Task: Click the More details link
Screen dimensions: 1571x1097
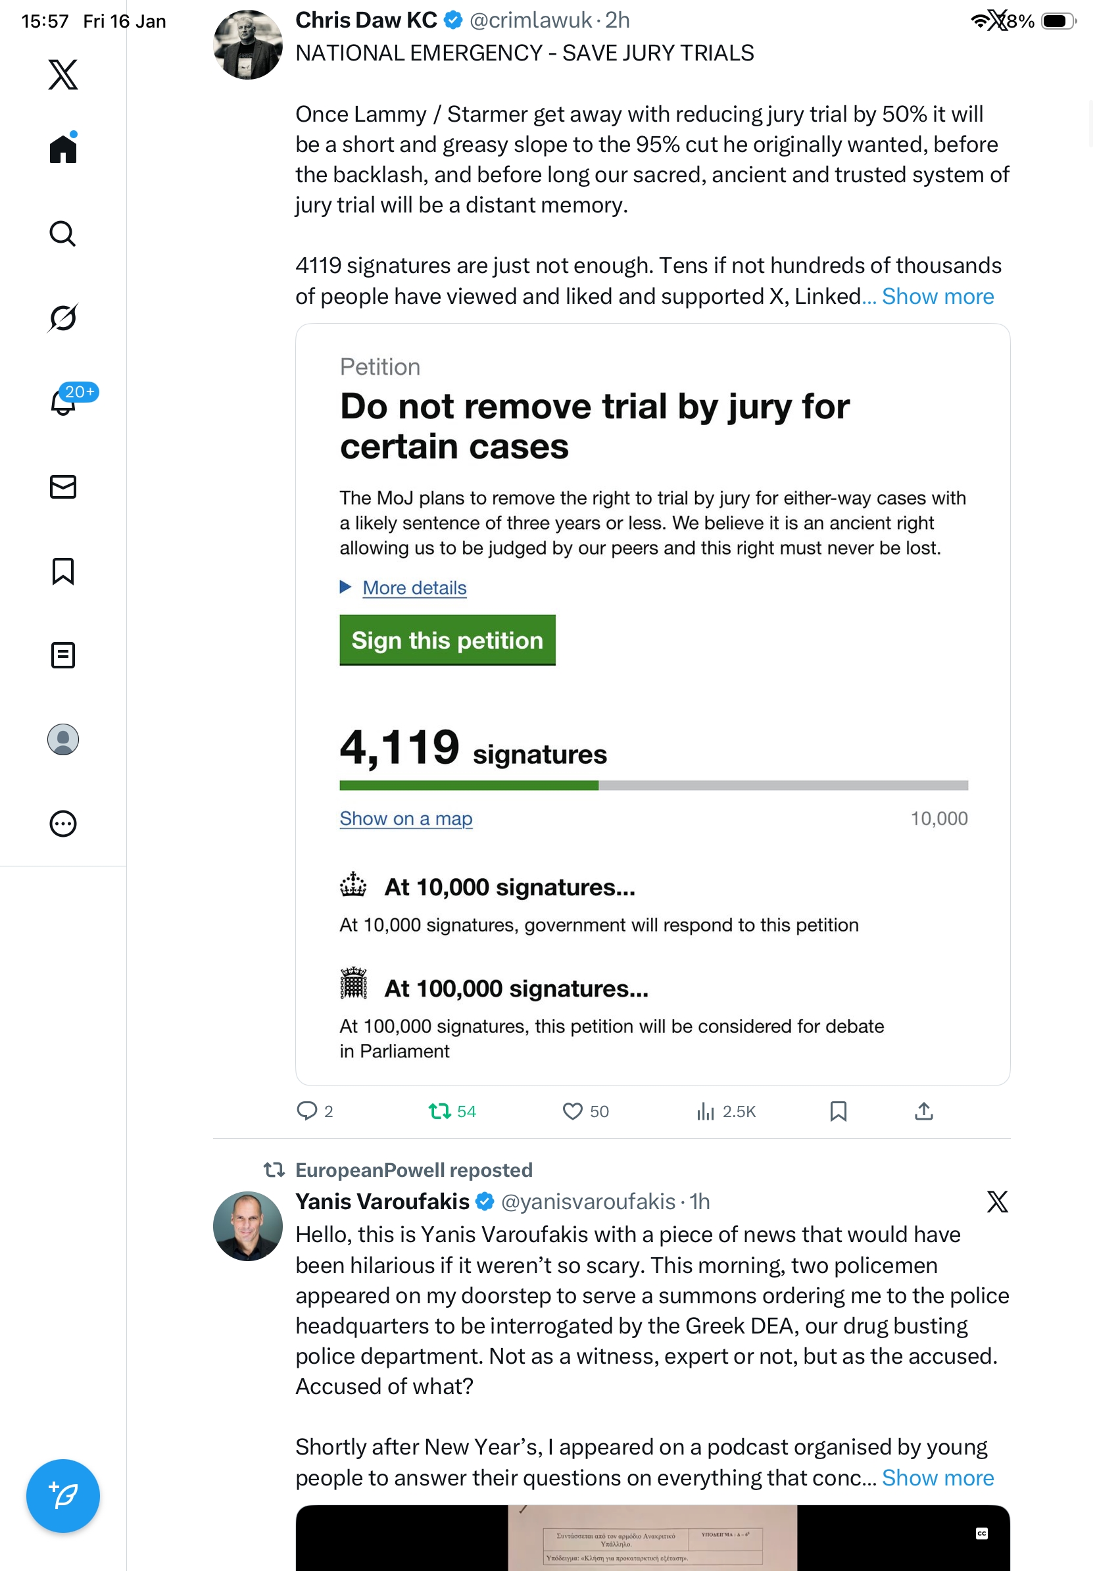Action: [414, 587]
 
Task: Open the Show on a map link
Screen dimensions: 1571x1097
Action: [406, 818]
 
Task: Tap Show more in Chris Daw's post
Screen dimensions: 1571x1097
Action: [937, 296]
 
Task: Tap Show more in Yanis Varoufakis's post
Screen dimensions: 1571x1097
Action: [937, 1478]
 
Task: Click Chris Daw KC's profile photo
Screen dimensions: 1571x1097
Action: [247, 45]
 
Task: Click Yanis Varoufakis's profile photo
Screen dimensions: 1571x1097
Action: [247, 1226]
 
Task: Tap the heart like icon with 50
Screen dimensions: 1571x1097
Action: [572, 1111]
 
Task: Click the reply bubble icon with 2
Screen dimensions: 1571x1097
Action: [306, 1111]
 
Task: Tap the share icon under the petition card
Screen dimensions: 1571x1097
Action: [923, 1111]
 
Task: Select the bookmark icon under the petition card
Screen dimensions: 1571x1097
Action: [838, 1111]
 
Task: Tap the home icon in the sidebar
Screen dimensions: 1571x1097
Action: [63, 149]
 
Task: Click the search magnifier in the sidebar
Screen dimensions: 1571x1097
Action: [63, 234]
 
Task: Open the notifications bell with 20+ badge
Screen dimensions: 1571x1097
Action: [63, 403]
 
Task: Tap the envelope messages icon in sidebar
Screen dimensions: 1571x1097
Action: [63, 486]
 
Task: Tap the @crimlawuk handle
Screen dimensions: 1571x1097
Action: [530, 20]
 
